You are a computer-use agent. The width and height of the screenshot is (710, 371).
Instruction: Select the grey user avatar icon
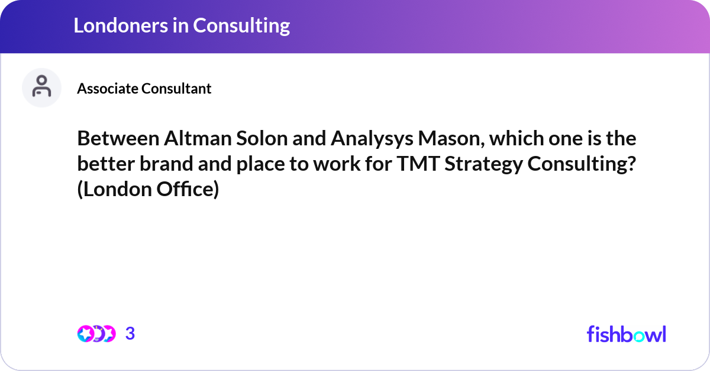coord(41,87)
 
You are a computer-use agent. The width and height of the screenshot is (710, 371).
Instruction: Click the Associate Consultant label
coord(144,89)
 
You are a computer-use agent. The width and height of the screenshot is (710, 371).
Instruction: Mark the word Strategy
coord(482,165)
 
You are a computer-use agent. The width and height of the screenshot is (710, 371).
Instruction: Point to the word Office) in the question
coord(186,190)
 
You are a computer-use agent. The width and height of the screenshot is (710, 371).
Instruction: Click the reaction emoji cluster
coord(96,334)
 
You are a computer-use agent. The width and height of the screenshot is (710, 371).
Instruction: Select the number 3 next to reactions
coord(130,334)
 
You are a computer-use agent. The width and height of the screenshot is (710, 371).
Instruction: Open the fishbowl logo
coord(626,334)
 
